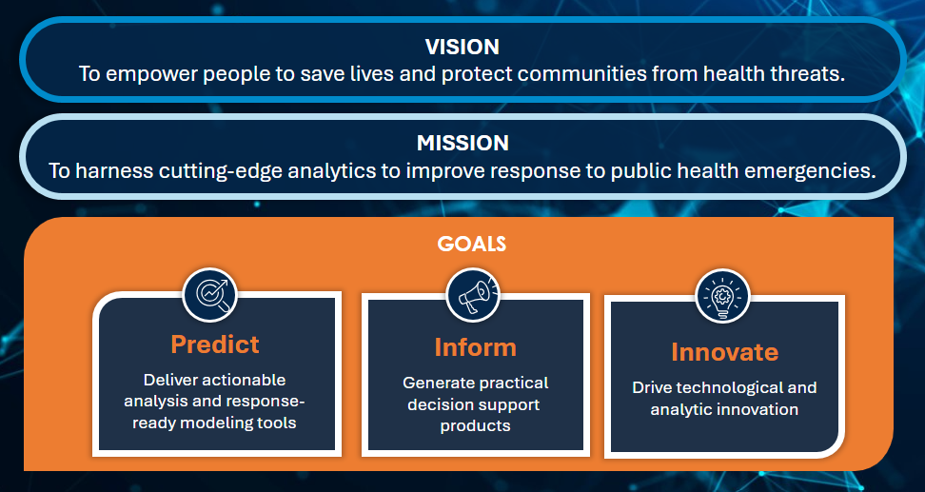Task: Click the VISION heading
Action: [x=462, y=47]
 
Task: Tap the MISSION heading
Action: [x=462, y=143]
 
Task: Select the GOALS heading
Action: [x=471, y=244]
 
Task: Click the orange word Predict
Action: [x=215, y=344]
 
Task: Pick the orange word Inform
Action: [x=476, y=347]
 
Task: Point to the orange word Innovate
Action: [x=724, y=352]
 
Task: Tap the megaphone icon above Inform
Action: [x=473, y=294]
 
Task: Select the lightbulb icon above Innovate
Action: [x=722, y=296]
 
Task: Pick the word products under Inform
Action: [x=476, y=426]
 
